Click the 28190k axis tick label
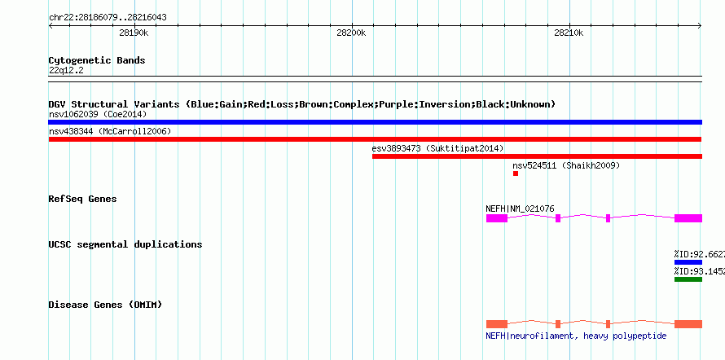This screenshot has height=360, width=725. point(134,33)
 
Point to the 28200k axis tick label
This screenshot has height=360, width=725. point(351,33)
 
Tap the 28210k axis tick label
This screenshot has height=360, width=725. point(569,33)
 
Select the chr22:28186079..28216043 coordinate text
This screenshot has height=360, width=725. point(108,18)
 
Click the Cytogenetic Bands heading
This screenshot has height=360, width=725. point(97,60)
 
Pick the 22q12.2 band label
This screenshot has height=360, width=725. point(66,71)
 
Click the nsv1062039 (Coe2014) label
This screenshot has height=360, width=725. point(98,114)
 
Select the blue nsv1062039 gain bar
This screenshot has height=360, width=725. point(375,122)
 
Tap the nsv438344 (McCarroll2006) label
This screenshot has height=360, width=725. point(110,132)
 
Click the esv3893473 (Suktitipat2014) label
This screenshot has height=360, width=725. point(438,148)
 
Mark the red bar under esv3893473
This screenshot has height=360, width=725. point(537,156)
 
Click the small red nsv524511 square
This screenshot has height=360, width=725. point(516,173)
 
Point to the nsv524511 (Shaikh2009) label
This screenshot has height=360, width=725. point(566,165)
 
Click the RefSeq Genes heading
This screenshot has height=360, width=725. point(83,199)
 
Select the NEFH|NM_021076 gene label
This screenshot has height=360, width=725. point(520,209)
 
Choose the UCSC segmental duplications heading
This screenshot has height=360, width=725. point(125,244)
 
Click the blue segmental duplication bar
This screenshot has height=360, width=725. point(688,262)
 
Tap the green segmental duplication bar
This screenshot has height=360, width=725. point(688,279)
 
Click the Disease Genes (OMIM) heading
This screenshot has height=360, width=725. point(105,305)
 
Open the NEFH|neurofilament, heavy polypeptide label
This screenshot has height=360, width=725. point(576,336)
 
